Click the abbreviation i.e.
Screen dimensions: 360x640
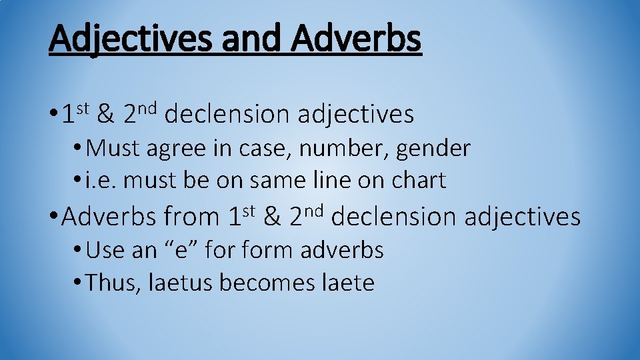pyautogui.click(x=101, y=180)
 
